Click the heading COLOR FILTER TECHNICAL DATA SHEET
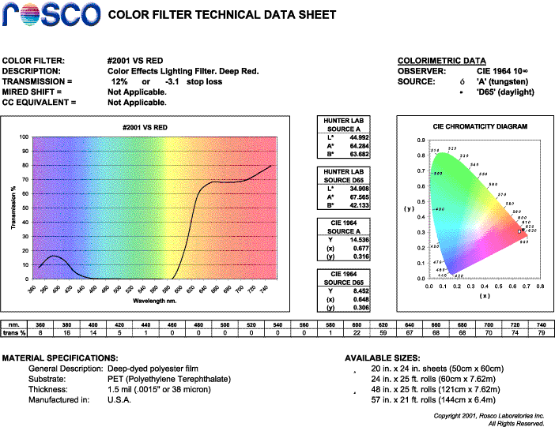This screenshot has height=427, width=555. (221, 16)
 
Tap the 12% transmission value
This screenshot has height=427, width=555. (119, 81)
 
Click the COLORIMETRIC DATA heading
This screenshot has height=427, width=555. (441, 61)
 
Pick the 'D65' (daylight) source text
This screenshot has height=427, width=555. (505, 92)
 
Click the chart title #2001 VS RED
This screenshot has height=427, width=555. (145, 128)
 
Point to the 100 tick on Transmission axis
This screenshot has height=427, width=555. (25, 137)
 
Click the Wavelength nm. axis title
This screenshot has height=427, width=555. (155, 301)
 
